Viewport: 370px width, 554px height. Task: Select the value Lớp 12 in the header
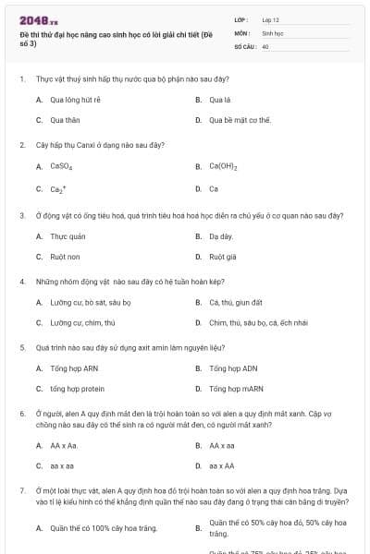tap(271, 19)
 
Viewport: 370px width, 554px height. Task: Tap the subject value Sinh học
tap(272, 32)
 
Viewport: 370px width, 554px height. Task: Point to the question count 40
tap(265, 45)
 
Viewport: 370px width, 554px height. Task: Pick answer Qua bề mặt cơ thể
tap(240, 120)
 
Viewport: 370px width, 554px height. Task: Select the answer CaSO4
tap(61, 167)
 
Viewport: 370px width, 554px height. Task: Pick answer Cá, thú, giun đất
tap(236, 302)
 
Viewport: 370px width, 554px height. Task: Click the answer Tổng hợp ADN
tap(230, 368)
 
